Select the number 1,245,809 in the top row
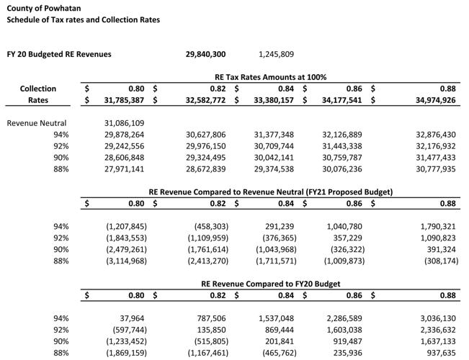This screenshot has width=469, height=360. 276,54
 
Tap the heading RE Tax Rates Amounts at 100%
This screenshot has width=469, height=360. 270,77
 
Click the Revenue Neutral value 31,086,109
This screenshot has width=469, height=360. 124,123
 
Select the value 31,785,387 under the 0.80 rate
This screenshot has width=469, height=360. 124,100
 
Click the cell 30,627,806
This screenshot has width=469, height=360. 205,135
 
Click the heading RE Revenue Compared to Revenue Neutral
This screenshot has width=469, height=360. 270,192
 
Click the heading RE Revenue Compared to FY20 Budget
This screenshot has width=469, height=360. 270,284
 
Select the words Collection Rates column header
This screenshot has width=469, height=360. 38,94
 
